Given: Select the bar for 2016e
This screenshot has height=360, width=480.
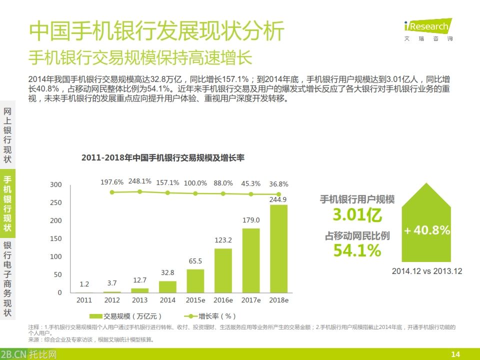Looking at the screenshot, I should click(x=223, y=270).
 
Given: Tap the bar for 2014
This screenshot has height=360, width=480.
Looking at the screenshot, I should click(x=167, y=286).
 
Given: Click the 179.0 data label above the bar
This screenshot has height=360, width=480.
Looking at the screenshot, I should click(x=251, y=220).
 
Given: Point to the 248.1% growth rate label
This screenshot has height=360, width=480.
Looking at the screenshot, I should click(x=139, y=181).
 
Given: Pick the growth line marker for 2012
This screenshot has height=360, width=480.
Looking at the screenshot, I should click(x=112, y=192).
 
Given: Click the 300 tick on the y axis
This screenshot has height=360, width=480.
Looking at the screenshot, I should click(x=56, y=184).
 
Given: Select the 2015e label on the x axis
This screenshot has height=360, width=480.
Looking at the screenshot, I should click(x=195, y=300).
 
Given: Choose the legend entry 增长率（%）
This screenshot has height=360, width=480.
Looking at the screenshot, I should click(x=210, y=316).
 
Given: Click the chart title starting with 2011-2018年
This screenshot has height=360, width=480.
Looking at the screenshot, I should click(x=162, y=157).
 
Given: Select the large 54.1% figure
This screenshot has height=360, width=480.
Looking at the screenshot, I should click(x=357, y=250).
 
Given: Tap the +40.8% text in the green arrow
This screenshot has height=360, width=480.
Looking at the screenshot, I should click(x=427, y=230).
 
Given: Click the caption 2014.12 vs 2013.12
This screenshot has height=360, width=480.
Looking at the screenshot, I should click(x=427, y=271).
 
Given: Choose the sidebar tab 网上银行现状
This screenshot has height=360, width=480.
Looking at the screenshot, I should click(x=7, y=135).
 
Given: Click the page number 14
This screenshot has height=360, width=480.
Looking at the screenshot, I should click(x=455, y=354).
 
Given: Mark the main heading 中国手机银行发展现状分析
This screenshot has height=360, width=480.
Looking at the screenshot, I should click(x=156, y=31).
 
